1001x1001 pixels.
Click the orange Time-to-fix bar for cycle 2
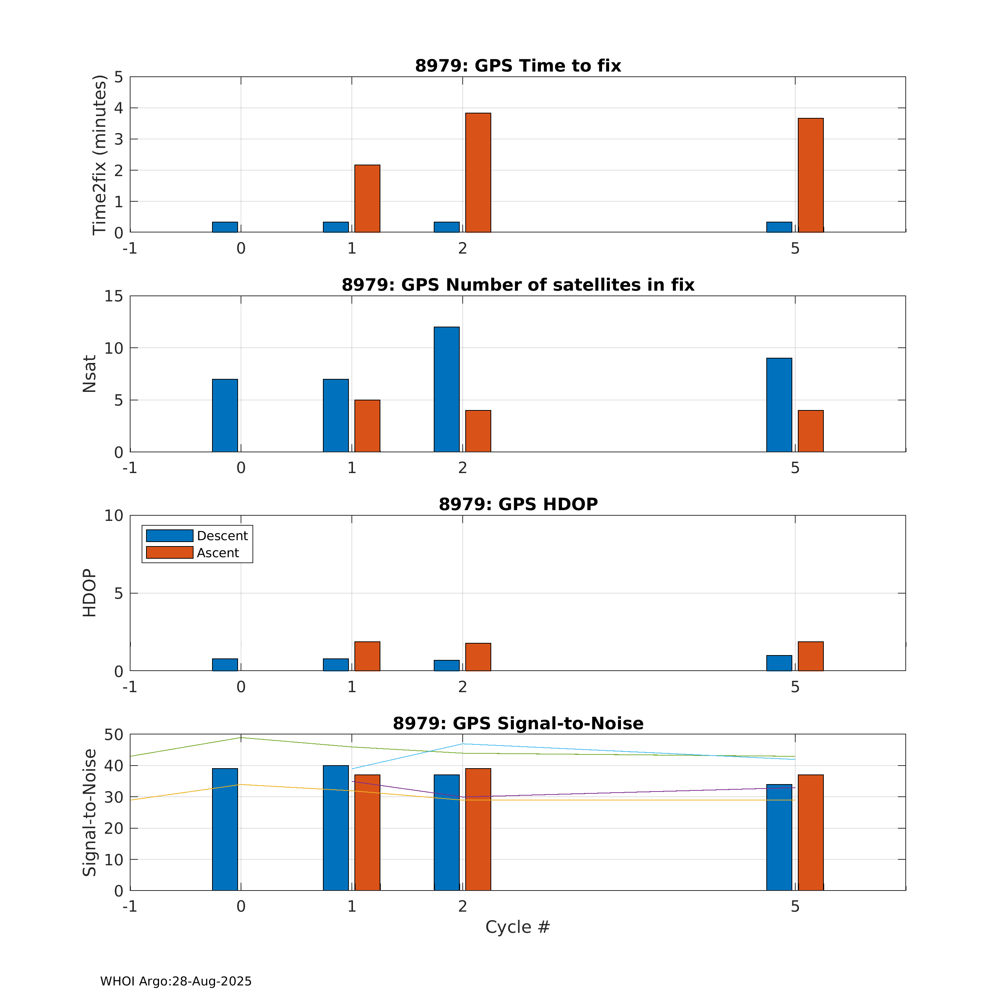coord(478,172)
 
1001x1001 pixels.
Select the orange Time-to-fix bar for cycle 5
coord(810,175)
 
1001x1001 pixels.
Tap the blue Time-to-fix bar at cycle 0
coord(225,227)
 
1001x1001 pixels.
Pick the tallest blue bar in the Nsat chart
coord(447,389)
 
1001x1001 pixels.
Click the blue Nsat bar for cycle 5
coord(779,404)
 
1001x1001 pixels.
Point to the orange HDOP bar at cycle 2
coord(478,657)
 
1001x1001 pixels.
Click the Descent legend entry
coord(197,536)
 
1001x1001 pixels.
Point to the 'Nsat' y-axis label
coord(89,374)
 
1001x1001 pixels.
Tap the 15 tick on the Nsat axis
coord(114,296)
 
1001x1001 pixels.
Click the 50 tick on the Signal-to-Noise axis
coord(114,735)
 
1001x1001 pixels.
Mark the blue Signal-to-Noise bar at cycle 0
coord(225,829)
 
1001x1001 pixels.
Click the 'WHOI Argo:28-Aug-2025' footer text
coord(176,981)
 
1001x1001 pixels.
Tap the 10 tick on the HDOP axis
coord(114,516)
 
